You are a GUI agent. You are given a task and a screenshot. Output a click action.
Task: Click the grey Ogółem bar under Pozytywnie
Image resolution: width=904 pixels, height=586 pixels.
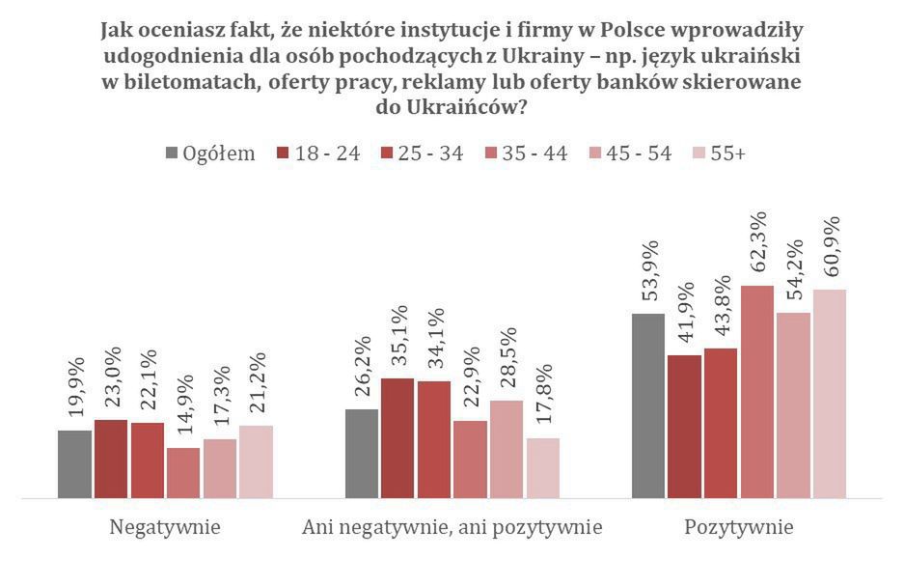pyautogui.click(x=648, y=405)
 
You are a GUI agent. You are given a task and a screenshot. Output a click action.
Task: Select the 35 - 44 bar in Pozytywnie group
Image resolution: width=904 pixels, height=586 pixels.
pyautogui.click(x=757, y=392)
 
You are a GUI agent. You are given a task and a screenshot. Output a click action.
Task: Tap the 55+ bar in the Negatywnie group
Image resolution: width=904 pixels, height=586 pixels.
pyautogui.click(x=256, y=461)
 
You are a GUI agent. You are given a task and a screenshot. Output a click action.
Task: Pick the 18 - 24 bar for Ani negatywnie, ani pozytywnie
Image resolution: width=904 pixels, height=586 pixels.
pyautogui.click(x=398, y=438)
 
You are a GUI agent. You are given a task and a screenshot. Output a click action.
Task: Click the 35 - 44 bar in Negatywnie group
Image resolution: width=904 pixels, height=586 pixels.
pyautogui.click(x=183, y=473)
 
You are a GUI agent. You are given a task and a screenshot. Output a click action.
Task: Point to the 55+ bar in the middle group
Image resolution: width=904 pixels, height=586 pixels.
pyautogui.click(x=543, y=468)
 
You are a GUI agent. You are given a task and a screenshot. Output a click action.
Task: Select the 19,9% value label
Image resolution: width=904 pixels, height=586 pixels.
pyautogui.click(x=76, y=386)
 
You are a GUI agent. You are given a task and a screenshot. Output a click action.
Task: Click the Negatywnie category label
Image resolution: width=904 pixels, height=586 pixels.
pyautogui.click(x=165, y=527)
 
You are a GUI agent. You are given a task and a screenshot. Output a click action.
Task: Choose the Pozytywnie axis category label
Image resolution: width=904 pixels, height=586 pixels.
pyautogui.click(x=739, y=527)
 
